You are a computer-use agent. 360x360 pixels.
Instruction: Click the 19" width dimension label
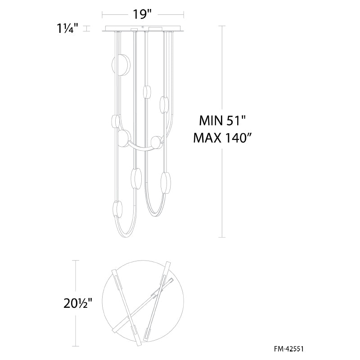click(x=142, y=14)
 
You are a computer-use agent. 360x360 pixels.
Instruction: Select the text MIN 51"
click(x=222, y=120)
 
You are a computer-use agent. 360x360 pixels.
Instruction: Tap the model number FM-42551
click(x=288, y=349)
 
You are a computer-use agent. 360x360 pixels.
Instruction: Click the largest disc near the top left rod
click(x=121, y=65)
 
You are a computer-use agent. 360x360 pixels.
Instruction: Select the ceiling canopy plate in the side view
click(x=143, y=29)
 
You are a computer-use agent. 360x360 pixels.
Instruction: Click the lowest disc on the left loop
click(x=118, y=209)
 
